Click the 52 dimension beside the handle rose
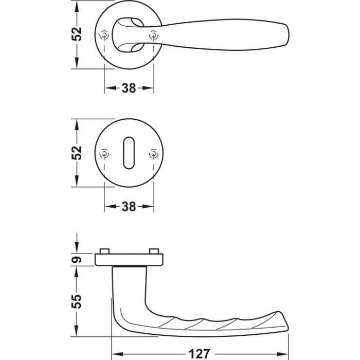[77, 34]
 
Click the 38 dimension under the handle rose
[129, 88]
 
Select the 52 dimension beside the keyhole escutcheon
[77, 153]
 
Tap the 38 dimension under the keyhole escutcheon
[129, 207]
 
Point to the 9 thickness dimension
[77, 260]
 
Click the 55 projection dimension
[77, 301]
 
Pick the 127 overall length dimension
[200, 354]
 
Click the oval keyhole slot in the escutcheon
[129, 153]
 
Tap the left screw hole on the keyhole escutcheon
[104, 153]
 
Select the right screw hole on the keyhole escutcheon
[154, 153]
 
